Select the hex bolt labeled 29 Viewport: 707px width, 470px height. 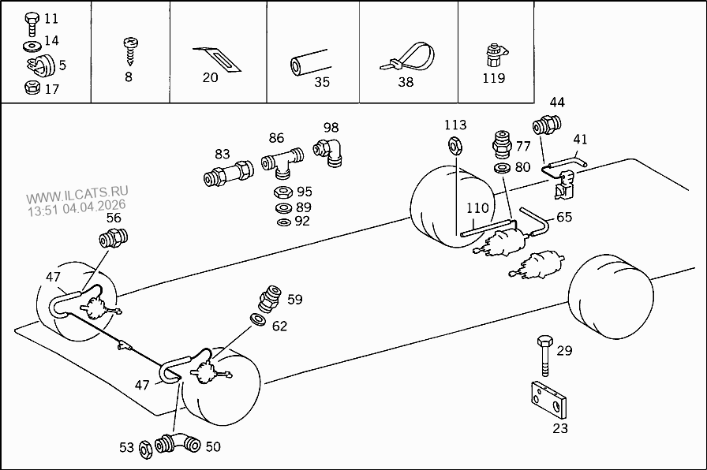544,356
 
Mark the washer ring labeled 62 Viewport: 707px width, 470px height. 258,319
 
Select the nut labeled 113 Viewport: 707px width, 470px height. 454,144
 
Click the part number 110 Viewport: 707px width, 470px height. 477,208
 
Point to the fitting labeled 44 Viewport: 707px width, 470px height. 547,125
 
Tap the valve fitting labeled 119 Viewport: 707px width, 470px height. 493,56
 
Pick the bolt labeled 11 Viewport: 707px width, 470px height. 32,20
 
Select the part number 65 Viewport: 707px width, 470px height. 564,218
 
